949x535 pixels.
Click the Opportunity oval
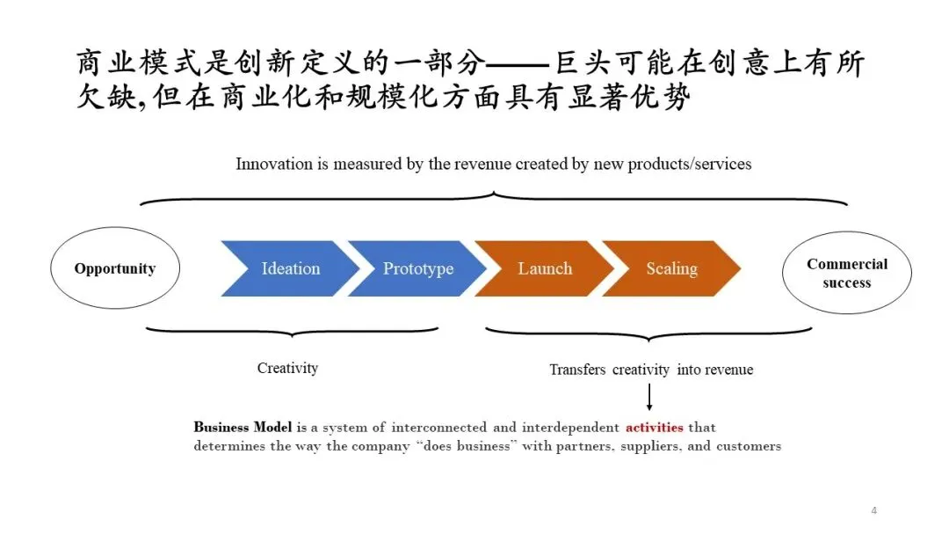114,269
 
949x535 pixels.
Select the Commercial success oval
846,273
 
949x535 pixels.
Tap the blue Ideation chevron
290,269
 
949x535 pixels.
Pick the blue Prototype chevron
418,269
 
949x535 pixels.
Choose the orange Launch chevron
545,269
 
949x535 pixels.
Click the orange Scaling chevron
672,269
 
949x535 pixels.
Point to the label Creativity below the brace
287,368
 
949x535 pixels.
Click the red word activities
654,428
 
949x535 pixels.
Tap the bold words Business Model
243,428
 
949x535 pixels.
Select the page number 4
873,510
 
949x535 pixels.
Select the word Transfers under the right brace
578,370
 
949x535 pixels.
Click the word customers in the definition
750,446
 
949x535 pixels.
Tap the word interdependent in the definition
569,428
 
